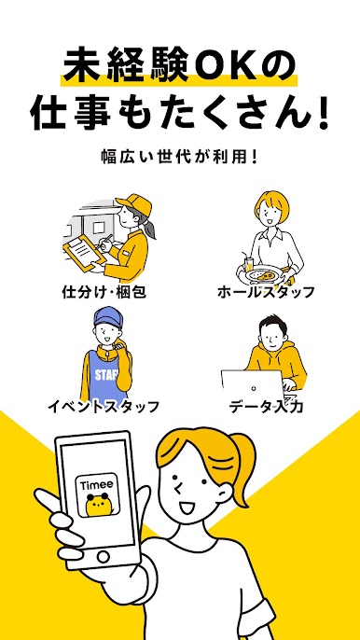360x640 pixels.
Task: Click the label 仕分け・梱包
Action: point(104,292)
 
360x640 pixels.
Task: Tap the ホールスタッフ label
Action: point(266,292)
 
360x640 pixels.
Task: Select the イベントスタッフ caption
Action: point(104,406)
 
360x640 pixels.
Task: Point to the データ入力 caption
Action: point(266,406)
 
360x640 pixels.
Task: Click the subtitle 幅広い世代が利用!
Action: point(180,158)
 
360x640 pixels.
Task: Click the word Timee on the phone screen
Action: point(97,485)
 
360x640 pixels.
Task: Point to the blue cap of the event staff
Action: point(108,316)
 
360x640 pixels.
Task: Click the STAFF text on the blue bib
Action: point(106,375)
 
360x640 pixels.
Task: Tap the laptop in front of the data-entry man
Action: point(253,386)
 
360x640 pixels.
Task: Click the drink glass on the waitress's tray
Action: point(249,265)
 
